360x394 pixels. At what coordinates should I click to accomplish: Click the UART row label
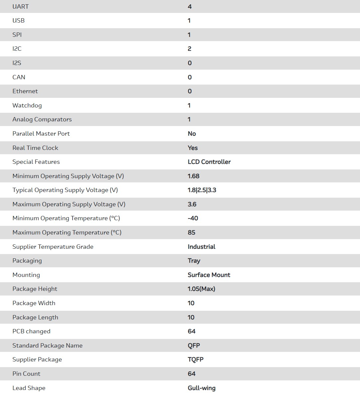20,7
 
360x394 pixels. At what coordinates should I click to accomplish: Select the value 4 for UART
189,7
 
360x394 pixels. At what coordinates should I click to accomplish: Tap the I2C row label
17,49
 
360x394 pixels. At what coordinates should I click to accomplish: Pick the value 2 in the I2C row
189,49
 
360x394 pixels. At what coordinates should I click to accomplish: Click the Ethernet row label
25,91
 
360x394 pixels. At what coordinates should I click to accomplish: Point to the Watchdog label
27,105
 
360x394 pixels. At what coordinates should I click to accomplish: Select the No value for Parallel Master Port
192,134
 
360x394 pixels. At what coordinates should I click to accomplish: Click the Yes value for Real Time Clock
192,148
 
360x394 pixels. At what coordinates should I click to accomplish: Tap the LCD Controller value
209,162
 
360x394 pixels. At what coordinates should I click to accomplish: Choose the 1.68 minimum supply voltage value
193,176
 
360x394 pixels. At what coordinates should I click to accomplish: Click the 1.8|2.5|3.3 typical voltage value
202,190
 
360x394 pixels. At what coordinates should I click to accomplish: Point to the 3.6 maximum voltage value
192,204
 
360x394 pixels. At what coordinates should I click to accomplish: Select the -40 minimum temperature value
193,218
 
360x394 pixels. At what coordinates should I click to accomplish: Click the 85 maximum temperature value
191,232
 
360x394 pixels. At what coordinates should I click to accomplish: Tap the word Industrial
201,247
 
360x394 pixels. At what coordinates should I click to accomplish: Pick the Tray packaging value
194,261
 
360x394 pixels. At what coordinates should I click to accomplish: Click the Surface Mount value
209,275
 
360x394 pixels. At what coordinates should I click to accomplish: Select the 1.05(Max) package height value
201,289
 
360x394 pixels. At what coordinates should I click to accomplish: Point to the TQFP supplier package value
195,360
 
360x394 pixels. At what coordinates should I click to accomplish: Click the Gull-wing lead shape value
201,388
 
